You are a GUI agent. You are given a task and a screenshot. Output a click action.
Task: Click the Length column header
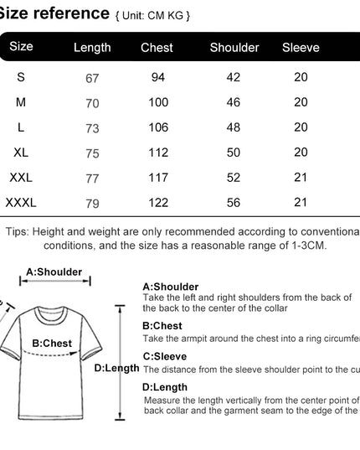tap(92, 48)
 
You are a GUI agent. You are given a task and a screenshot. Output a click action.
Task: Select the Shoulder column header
tap(234, 48)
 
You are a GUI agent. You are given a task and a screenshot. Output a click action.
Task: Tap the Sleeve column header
tap(301, 48)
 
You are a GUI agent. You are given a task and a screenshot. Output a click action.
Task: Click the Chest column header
tap(157, 48)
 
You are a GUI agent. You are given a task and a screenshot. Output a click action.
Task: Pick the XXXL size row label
tap(21, 203)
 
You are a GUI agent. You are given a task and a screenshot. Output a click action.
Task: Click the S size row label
tap(21, 77)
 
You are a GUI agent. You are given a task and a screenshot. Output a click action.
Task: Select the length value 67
tap(92, 78)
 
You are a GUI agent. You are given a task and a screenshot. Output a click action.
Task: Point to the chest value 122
tap(157, 203)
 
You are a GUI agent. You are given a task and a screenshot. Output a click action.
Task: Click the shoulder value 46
tap(234, 102)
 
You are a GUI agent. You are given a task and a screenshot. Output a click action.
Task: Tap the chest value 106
tap(157, 127)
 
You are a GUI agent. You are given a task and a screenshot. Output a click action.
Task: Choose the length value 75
tap(92, 153)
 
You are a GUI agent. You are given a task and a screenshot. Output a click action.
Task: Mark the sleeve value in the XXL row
tap(301, 178)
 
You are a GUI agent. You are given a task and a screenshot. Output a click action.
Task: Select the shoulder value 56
tap(234, 203)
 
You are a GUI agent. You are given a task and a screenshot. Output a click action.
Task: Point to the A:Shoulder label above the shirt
tap(54, 272)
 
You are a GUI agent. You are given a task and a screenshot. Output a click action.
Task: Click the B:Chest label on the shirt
tap(52, 343)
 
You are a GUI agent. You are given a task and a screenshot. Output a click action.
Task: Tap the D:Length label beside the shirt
tap(116, 367)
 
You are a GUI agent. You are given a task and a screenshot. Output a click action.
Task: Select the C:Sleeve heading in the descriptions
tap(165, 356)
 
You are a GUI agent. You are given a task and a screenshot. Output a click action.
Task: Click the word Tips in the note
tap(18, 231)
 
